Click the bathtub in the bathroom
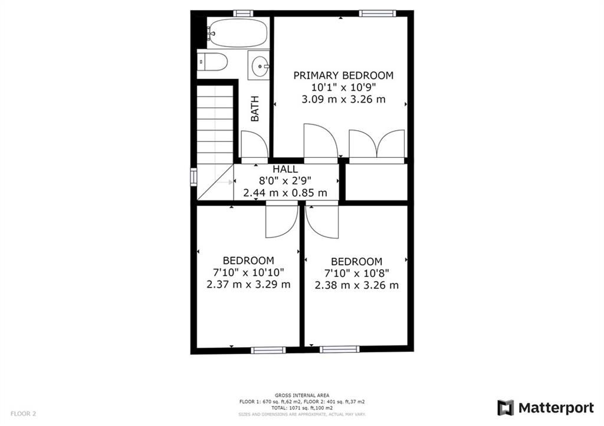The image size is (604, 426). point(238,33)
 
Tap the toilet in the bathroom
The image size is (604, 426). point(212,62)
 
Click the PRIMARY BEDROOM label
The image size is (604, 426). point(343,75)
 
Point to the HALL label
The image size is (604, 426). point(285,169)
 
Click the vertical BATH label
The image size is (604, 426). point(255,109)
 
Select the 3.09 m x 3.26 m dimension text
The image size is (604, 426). point(343,100)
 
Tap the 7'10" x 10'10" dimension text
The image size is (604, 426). point(248,272)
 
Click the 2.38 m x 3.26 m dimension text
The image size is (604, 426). point(356,285)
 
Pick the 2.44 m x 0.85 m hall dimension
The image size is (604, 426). point(285,193)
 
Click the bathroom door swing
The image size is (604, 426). point(254,144)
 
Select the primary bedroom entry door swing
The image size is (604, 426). point(321,141)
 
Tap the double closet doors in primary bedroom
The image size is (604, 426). point(377,144)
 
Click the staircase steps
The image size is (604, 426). point(215,125)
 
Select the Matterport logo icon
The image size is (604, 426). point(505,408)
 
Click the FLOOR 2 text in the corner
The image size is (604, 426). point(23,414)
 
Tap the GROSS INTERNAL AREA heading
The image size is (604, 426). point(302,395)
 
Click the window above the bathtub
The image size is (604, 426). point(244,14)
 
